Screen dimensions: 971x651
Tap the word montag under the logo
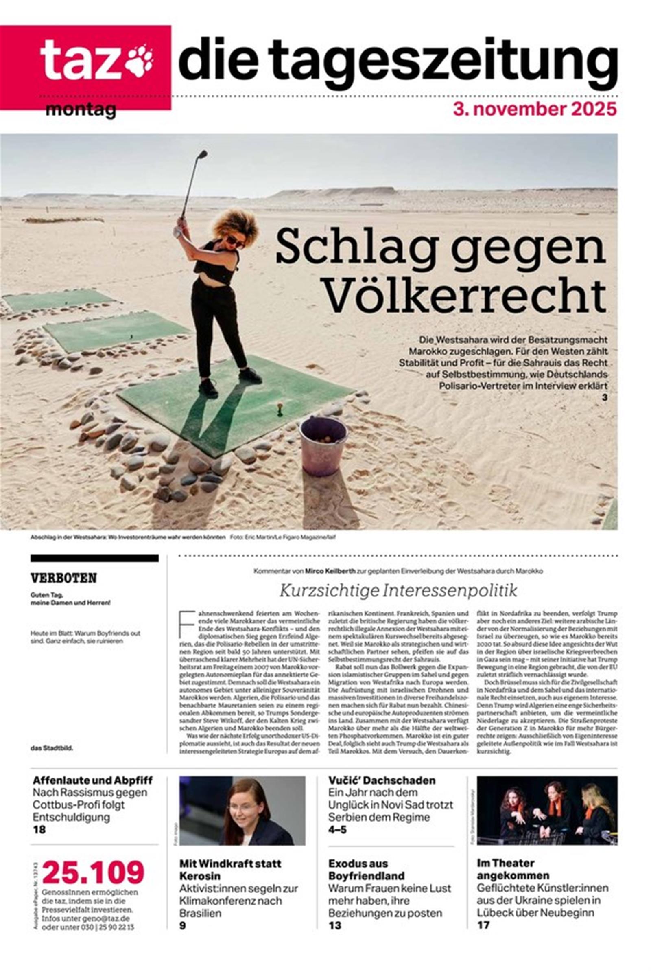point(81,110)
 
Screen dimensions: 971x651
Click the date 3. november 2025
point(535,110)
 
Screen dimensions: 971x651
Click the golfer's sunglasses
point(235,241)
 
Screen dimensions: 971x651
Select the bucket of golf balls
point(323,445)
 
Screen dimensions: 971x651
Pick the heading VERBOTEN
point(63,578)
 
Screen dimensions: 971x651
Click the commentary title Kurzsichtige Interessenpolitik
point(398,591)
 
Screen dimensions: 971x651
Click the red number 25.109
point(93,872)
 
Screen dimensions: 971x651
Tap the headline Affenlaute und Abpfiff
point(93,780)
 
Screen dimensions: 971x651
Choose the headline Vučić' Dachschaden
point(382,780)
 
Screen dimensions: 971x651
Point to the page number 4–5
point(337,830)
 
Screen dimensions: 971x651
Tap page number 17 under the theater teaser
point(483,925)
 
